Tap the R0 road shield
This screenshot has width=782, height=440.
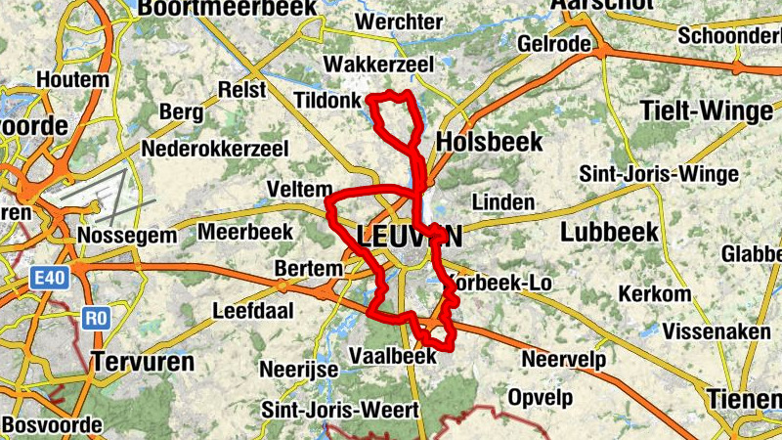pyautogui.click(x=95, y=318)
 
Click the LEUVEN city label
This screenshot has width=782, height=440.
pyautogui.click(x=411, y=236)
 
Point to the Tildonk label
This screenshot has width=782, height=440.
pyautogui.click(x=326, y=100)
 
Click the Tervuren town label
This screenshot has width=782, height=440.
pyautogui.click(x=144, y=361)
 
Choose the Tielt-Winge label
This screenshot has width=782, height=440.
pyautogui.click(x=706, y=111)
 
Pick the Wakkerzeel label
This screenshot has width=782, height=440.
pyautogui.click(x=365, y=64)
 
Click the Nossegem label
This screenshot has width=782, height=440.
pyautogui.click(x=127, y=236)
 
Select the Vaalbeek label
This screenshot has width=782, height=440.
pyautogui.click(x=392, y=356)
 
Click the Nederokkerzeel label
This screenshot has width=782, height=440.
pyautogui.click(x=214, y=150)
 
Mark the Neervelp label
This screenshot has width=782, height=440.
pyautogui.click(x=563, y=360)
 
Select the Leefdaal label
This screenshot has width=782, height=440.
pyautogui.click(x=249, y=311)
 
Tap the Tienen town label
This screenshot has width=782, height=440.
pyautogui.click(x=744, y=398)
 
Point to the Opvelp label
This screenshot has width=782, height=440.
pyautogui.click(x=539, y=398)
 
